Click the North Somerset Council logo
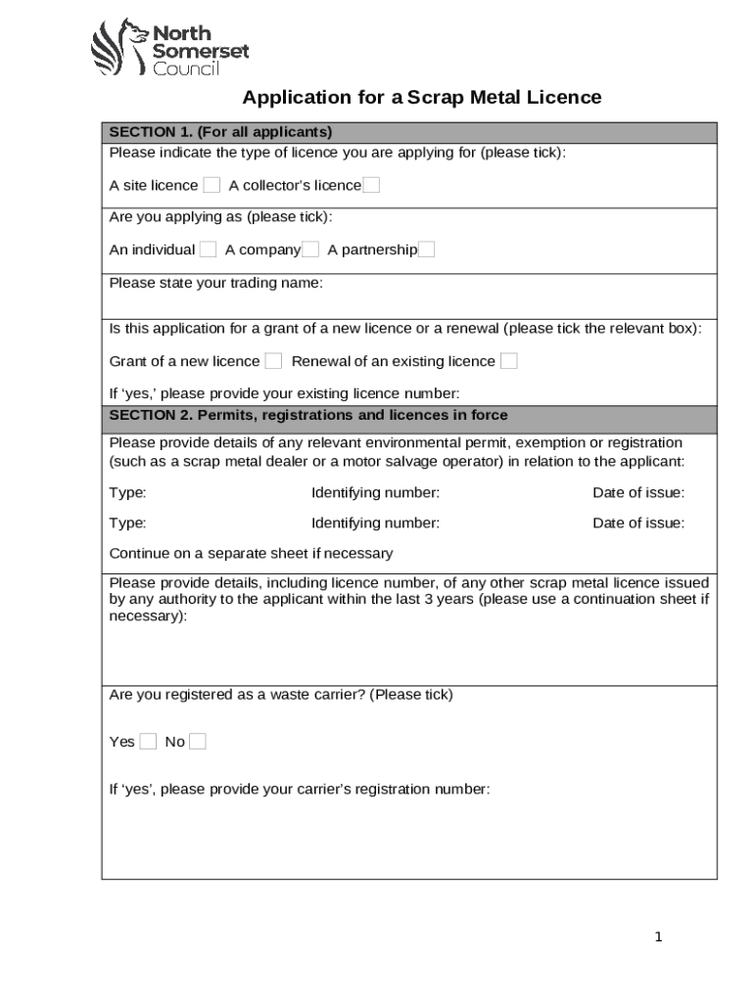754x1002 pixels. click(169, 47)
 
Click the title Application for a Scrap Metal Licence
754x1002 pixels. click(421, 98)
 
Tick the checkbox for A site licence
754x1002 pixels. click(212, 186)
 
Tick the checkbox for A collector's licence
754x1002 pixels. click(371, 186)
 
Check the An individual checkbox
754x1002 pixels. click(208, 250)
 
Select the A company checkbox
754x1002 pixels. click(310, 250)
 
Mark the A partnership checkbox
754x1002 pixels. click(426, 250)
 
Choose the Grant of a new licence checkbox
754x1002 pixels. click(273, 361)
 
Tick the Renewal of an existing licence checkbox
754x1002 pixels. click(508, 361)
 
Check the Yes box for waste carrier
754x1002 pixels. click(148, 742)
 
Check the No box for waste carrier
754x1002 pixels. click(197, 742)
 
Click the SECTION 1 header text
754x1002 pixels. click(220, 132)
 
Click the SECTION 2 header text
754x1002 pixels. click(307, 416)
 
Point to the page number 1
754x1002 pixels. click(659, 937)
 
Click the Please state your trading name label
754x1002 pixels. click(215, 284)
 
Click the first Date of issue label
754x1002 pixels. click(638, 493)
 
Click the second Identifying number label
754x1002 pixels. click(375, 524)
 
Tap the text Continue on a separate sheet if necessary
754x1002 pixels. click(251, 554)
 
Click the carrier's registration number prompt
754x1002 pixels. click(299, 790)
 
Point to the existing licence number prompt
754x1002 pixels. click(283, 393)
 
